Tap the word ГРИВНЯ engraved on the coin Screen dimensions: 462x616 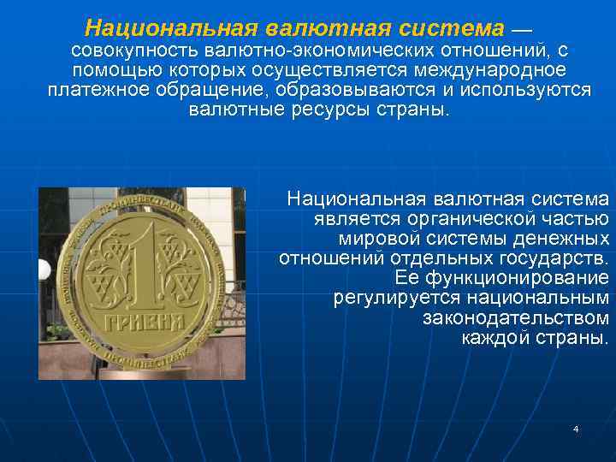145,322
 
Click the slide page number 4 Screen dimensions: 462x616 576,428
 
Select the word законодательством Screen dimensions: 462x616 515,317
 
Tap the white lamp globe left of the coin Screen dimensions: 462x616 44,270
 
